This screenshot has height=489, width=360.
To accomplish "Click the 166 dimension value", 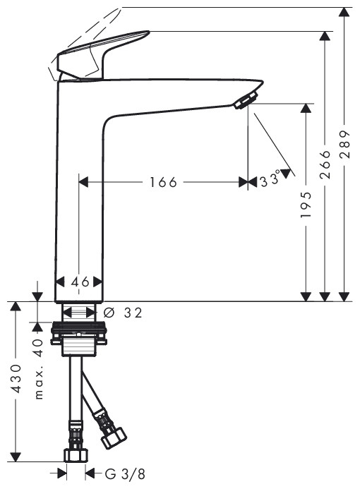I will [163, 182].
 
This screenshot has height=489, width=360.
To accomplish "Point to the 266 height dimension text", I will [325, 164].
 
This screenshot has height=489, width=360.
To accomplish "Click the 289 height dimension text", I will [344, 145].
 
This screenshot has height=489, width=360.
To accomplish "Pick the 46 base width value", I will [80, 282].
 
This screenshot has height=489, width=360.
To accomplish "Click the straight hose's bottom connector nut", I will [75, 455].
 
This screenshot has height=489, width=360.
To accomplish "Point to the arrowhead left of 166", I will [83, 182].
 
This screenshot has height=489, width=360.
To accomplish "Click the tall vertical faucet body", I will [79, 198].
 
